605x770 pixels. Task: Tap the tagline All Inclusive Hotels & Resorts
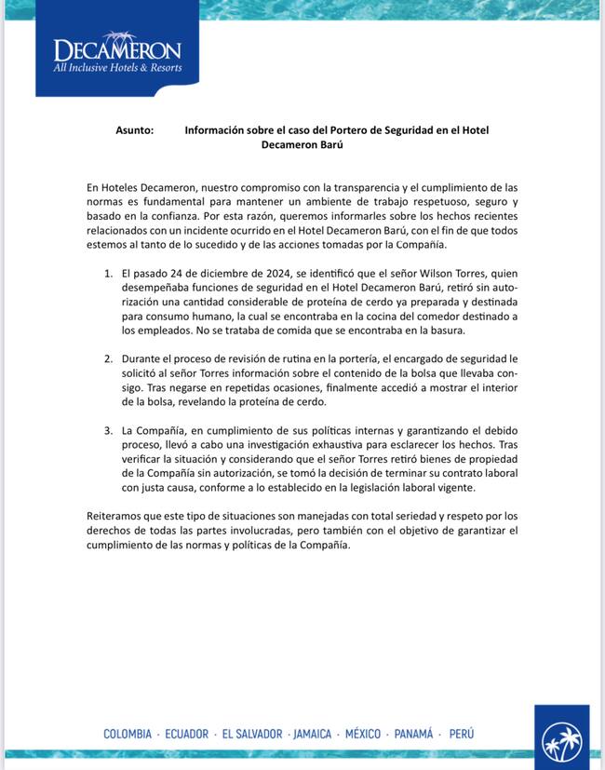(x=117, y=68)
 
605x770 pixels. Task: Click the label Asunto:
(x=135, y=130)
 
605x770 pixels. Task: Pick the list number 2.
(x=108, y=358)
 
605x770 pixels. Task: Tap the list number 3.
(x=108, y=431)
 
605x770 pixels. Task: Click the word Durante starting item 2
(x=144, y=358)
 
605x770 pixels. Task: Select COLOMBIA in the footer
(x=128, y=734)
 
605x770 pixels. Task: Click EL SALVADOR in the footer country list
(x=250, y=734)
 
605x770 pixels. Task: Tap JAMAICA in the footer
(x=312, y=734)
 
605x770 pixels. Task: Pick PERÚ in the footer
(x=462, y=734)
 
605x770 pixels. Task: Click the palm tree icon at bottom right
(x=562, y=741)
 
